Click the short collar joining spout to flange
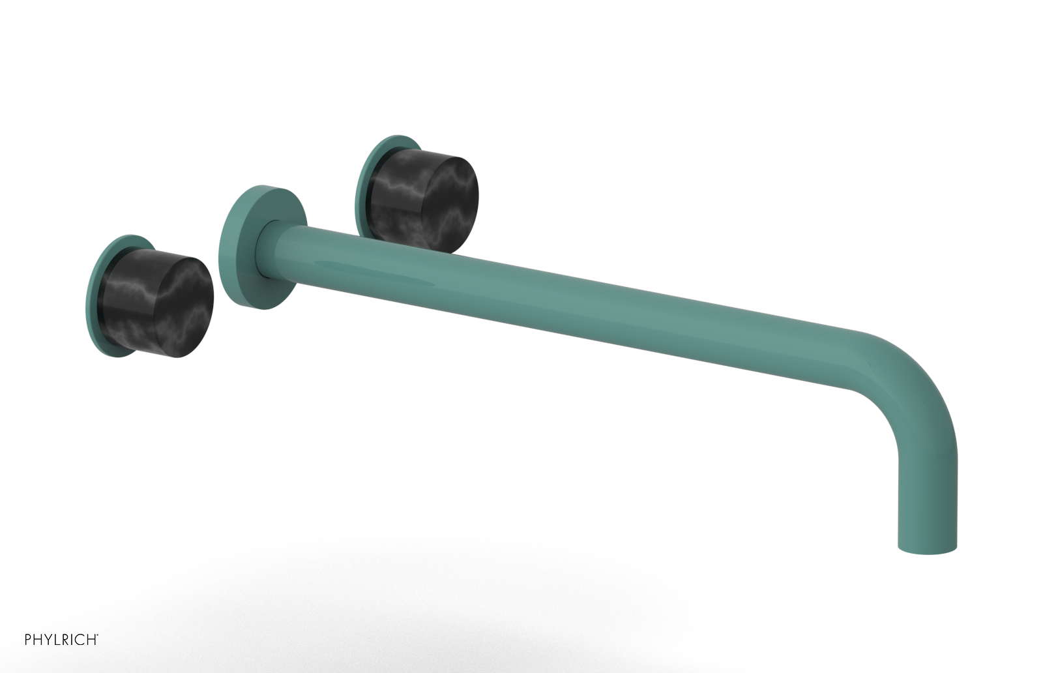coord(277,251)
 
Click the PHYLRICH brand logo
coord(61,640)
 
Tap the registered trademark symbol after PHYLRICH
coord(98,635)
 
